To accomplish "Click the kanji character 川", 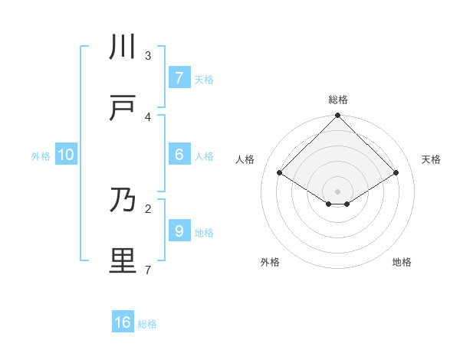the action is (123, 47).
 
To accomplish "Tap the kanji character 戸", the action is (123, 108).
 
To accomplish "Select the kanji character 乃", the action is (123, 200).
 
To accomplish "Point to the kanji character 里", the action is (123, 260).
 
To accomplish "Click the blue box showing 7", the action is (179, 77).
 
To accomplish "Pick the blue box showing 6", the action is (179, 154).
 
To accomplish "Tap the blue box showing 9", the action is (179, 231).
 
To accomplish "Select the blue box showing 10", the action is (66, 155).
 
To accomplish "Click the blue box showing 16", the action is (123, 322).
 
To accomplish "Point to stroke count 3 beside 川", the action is (148, 55).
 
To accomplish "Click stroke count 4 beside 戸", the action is (148, 116).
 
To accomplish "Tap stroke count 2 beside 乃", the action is (148, 208).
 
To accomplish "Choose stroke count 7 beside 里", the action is (148, 269).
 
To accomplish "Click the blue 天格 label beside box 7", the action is (204, 79).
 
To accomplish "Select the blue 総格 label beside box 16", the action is (147, 324).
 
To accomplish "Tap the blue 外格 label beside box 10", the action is (41, 156).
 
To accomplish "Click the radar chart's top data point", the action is (337, 116).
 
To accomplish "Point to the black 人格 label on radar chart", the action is (245, 159).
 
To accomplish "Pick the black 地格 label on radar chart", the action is (402, 262).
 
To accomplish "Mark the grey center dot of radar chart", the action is (337, 191).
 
